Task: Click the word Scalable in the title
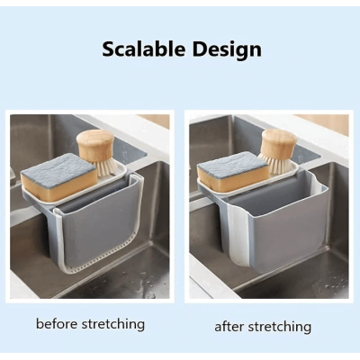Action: click(144, 49)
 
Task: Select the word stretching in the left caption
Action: click(113, 325)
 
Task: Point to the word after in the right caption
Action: click(227, 327)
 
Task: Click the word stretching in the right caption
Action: click(277, 328)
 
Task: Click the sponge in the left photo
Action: click(58, 176)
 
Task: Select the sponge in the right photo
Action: click(233, 168)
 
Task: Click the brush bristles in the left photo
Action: click(105, 167)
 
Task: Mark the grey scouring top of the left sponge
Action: click(58, 166)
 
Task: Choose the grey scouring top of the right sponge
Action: click(232, 162)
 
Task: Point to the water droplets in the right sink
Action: click(326, 285)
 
